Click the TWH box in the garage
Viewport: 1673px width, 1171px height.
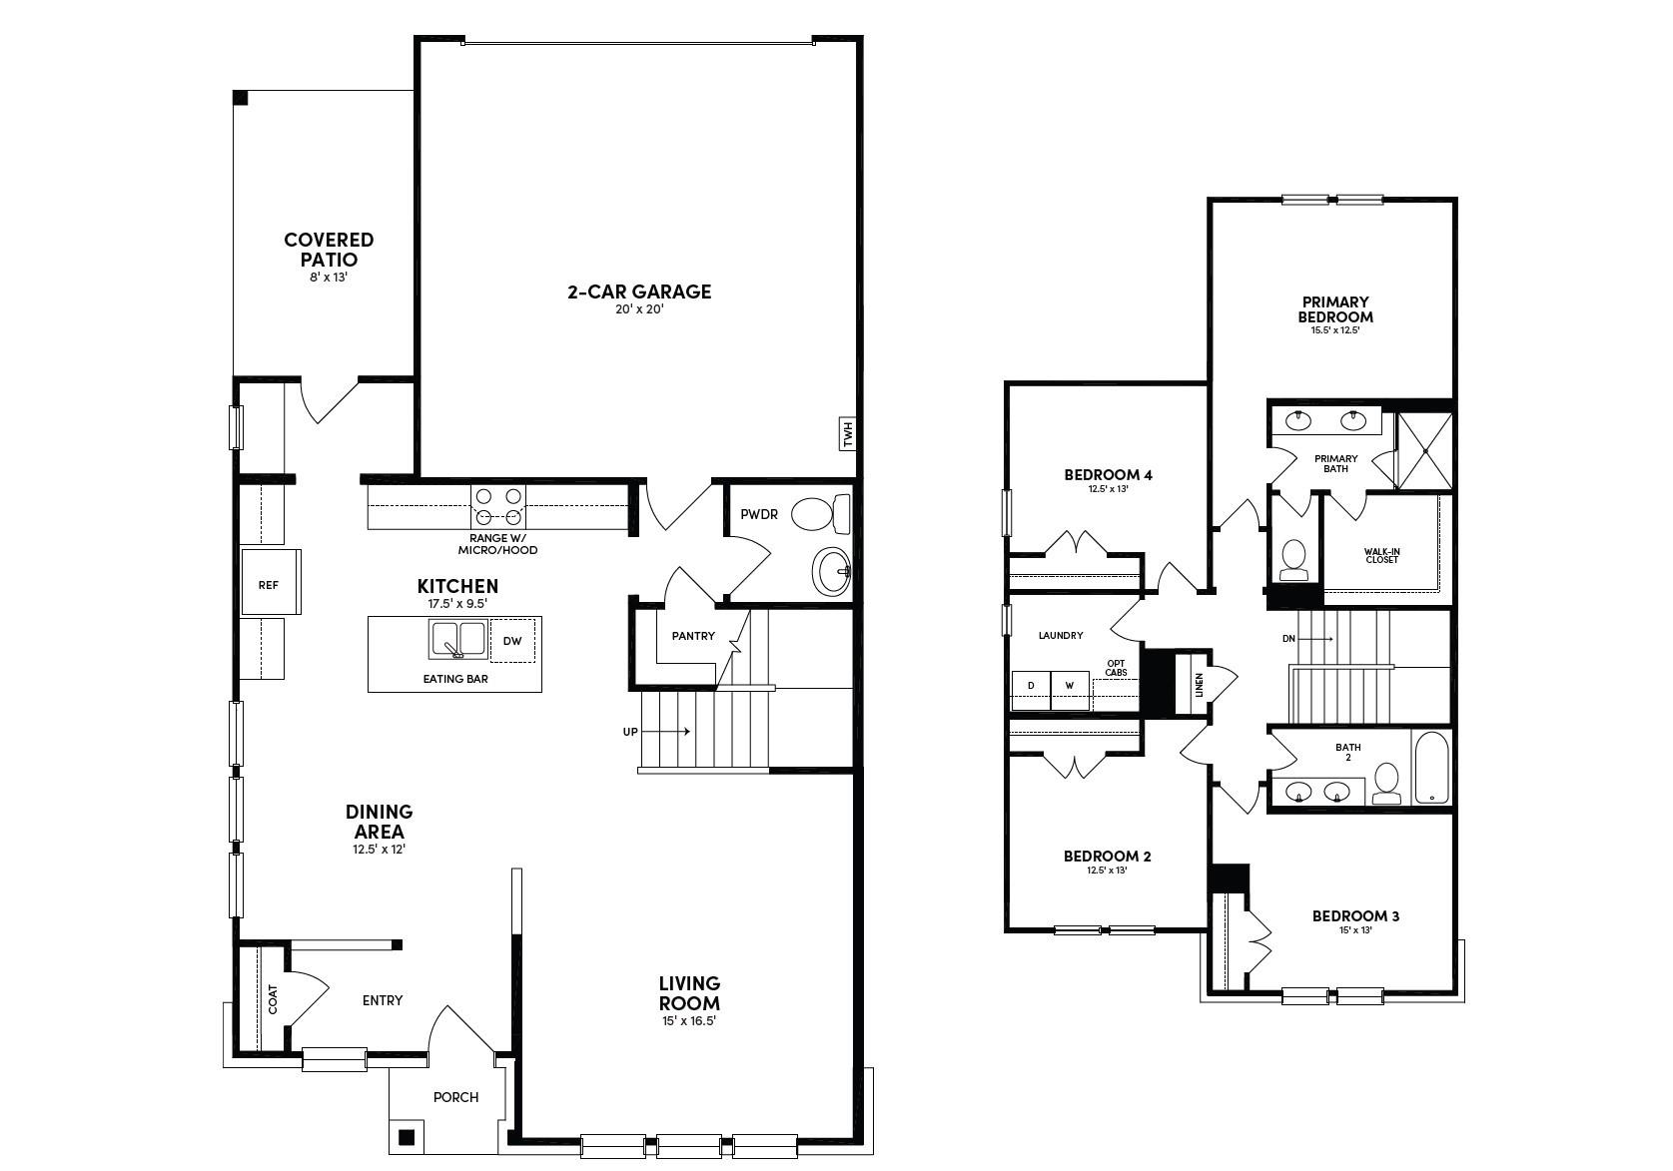(x=846, y=434)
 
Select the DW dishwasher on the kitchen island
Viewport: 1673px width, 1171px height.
(x=512, y=641)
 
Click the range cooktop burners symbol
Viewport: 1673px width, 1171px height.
(x=498, y=505)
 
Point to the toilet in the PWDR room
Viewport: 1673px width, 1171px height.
(x=818, y=515)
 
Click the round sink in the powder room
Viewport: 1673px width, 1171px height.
(x=830, y=572)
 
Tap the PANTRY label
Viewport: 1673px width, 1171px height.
(x=692, y=636)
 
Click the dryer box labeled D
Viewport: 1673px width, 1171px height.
(x=1031, y=686)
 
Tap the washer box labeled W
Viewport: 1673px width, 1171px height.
(x=1070, y=686)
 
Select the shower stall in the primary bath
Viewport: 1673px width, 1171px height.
(x=1423, y=450)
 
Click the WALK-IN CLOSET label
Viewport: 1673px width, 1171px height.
(x=1382, y=555)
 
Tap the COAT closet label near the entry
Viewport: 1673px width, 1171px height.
(x=273, y=999)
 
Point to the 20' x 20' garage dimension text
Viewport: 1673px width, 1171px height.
(x=639, y=309)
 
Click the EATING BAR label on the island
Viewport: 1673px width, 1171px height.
(x=455, y=679)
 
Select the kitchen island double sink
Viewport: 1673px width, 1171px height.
(x=457, y=640)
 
